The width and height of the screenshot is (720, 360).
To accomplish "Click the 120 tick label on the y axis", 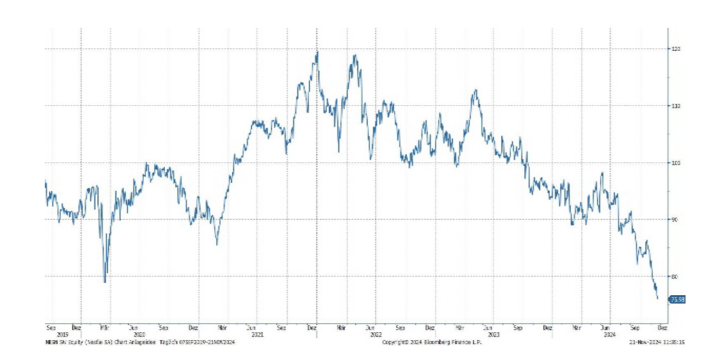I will [x=677, y=49].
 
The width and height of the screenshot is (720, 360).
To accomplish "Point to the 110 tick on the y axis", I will [x=677, y=106].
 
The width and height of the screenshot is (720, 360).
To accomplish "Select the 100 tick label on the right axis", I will [x=677, y=163].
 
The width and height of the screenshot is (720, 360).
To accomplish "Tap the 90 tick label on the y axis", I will [x=677, y=220].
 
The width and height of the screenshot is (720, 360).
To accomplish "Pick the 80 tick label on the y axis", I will [x=677, y=276].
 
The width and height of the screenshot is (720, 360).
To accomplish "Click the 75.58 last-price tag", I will [x=677, y=299].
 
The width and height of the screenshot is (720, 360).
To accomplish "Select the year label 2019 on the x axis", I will [x=51, y=334].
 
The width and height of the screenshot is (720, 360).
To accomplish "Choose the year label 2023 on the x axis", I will [x=493, y=334].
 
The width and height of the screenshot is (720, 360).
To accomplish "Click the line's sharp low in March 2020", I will [x=105, y=282].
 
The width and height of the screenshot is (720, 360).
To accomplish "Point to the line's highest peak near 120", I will [x=318, y=52].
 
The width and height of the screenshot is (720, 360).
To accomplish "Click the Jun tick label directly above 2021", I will [x=252, y=327].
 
